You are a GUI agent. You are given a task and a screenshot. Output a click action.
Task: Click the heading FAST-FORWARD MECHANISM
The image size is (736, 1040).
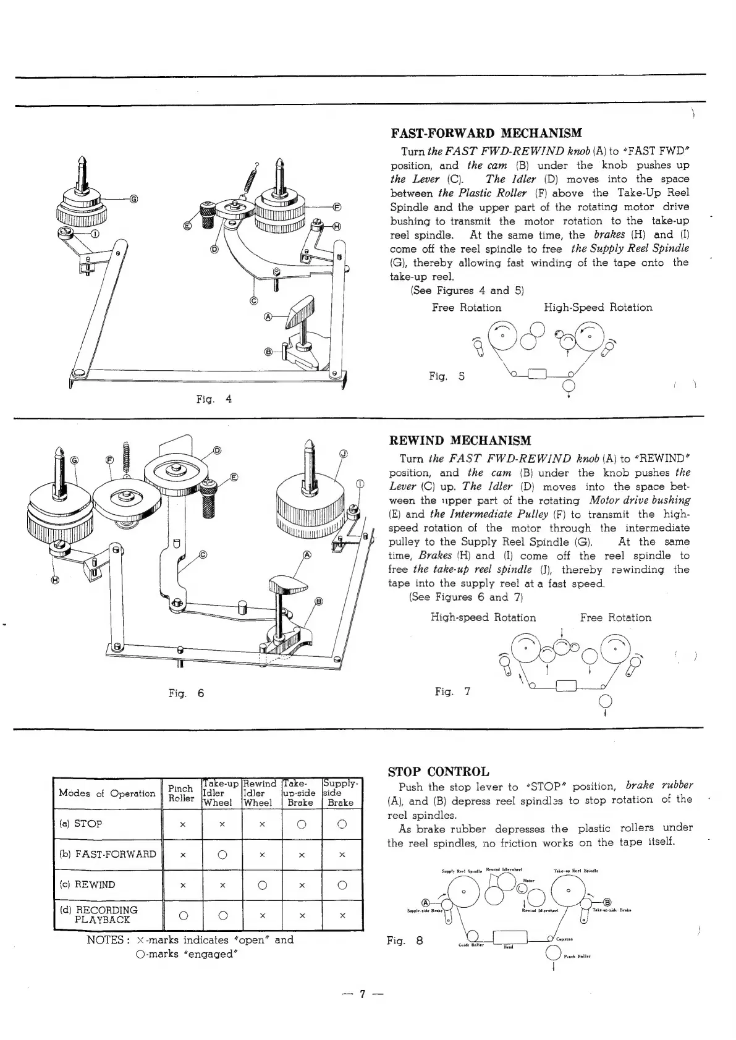tap(486, 133)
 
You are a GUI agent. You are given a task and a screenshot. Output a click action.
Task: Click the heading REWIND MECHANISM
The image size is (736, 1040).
tap(459, 441)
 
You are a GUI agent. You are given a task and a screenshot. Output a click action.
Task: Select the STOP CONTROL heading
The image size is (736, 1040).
tap(438, 771)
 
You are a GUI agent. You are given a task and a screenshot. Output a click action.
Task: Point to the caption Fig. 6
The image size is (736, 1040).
tap(186, 693)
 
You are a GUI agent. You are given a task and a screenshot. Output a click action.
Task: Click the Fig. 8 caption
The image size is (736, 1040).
tap(405, 941)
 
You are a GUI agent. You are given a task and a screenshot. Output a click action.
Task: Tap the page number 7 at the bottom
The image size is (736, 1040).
tap(363, 994)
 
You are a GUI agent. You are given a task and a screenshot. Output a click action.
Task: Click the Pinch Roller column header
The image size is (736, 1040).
tap(181, 793)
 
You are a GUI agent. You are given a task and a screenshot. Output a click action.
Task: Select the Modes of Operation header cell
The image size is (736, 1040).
tap(107, 793)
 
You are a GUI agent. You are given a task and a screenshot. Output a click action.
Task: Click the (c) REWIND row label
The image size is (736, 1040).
tap(88, 884)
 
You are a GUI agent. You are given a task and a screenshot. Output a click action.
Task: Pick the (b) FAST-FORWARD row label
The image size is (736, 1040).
tap(108, 855)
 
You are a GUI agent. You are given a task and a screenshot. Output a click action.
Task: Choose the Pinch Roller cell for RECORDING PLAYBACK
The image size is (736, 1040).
tap(182, 915)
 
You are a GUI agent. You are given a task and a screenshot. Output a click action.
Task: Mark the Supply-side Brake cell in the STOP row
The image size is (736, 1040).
tap(341, 824)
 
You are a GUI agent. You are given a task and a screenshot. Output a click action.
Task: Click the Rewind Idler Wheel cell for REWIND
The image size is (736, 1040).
tap(261, 885)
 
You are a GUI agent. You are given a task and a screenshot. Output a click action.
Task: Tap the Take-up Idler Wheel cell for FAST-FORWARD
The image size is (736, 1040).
tap(222, 855)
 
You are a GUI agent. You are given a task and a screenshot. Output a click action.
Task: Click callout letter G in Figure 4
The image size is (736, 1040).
tap(133, 199)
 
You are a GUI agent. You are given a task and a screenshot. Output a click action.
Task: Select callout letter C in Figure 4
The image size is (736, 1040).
tap(253, 301)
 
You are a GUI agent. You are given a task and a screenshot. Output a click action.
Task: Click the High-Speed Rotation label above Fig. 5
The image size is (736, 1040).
tap(598, 307)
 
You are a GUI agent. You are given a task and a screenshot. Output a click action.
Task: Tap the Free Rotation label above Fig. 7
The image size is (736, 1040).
tap(615, 617)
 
